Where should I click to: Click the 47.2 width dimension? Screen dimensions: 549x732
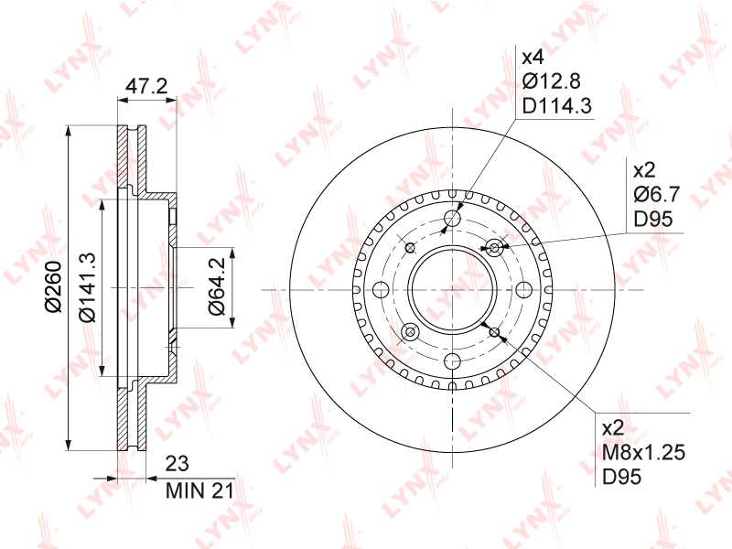tap(145, 87)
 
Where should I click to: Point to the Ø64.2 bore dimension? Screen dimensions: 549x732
tap(216, 289)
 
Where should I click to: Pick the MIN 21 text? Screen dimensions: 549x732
tap(199, 491)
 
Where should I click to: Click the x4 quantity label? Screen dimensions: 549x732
tap(533, 57)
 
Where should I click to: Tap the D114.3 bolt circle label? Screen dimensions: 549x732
tap(557, 106)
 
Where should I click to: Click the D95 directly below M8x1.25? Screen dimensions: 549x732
tap(620, 477)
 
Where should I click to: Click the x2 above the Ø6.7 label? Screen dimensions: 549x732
tap(644, 169)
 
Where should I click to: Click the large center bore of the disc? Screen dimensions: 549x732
tap(453, 290)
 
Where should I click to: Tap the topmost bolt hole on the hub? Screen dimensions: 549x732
tap(453, 219)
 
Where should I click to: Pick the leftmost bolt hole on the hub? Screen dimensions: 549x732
tap(382, 290)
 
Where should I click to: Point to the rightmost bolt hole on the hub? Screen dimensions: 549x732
tap(524, 290)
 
